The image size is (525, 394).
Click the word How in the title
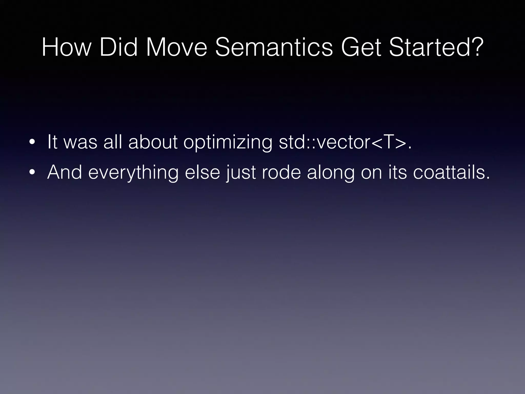(x=66, y=47)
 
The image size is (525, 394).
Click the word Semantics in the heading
(x=274, y=47)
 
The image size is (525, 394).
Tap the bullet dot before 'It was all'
(x=32, y=143)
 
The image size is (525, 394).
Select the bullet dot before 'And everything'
(x=32, y=173)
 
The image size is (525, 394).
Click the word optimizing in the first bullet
(x=228, y=143)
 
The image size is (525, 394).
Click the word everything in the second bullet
(x=133, y=173)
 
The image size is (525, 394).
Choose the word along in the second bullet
(x=331, y=173)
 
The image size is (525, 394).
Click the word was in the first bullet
(x=80, y=143)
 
